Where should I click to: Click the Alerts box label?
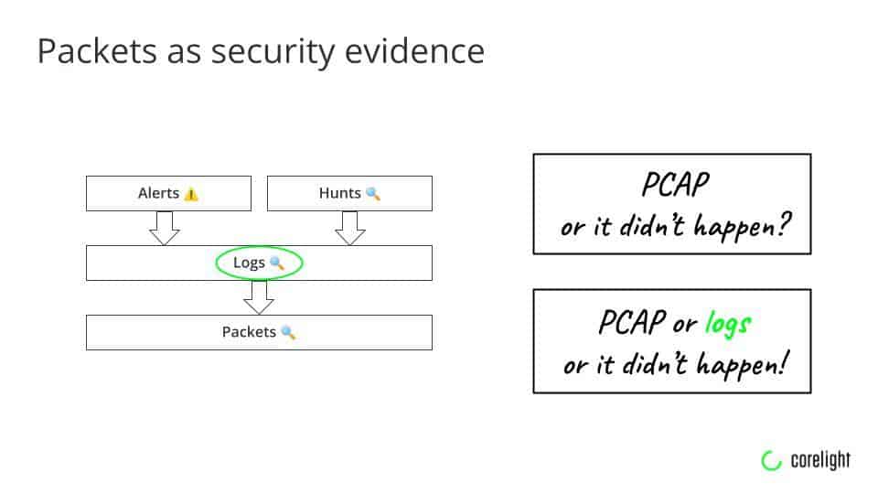tap(158, 193)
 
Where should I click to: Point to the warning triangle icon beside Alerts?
tap(191, 194)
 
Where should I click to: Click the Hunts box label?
tap(340, 193)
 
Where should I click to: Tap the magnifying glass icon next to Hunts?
tap(373, 194)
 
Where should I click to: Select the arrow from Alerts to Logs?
tap(165, 228)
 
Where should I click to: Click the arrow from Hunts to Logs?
tap(350, 228)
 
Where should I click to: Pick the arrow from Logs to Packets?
tap(259, 297)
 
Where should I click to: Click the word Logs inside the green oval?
tap(249, 263)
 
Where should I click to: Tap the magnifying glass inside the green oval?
tap(277, 263)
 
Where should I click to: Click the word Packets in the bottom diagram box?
tap(249, 332)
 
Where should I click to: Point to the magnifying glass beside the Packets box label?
tap(288, 333)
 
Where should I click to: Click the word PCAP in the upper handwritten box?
tap(674, 186)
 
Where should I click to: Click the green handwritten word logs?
tap(728, 323)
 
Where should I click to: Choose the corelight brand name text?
tap(819, 460)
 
